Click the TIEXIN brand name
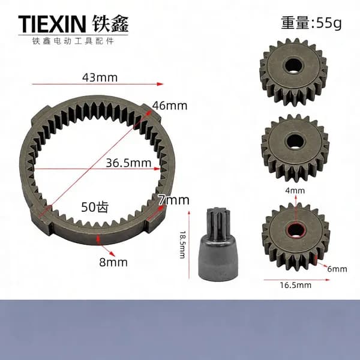[x=52, y=23]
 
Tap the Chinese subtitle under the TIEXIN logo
[x=73, y=41]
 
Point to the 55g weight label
[x=311, y=23]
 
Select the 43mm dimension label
[x=100, y=77]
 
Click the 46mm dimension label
[x=170, y=106]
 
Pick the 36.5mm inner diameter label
[x=128, y=163]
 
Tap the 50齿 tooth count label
[x=95, y=207]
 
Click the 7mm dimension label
[x=174, y=200]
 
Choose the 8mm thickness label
[x=113, y=262]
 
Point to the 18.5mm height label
[x=182, y=245]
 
